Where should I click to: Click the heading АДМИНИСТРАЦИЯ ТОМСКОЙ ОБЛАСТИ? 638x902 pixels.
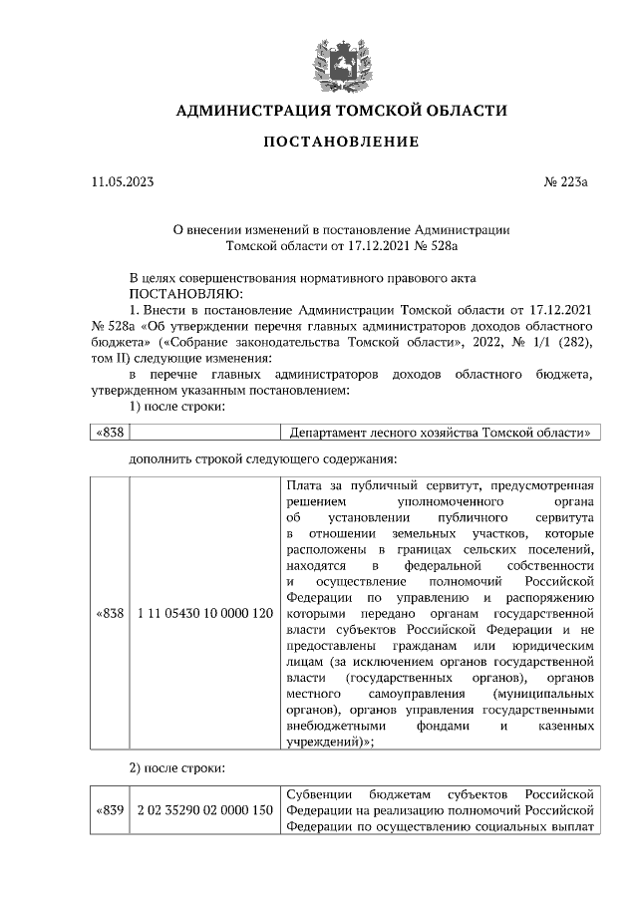point(341,110)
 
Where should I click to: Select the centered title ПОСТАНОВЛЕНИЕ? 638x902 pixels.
point(341,143)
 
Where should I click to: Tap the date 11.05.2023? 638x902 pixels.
point(121,182)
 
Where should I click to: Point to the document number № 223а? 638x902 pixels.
point(566,182)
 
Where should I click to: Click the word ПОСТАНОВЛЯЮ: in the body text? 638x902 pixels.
point(179,293)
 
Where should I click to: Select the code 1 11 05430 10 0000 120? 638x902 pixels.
point(204,613)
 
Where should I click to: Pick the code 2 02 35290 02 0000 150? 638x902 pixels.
point(204,809)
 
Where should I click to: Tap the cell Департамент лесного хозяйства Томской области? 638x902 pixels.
point(440,433)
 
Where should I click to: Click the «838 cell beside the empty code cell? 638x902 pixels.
point(109,433)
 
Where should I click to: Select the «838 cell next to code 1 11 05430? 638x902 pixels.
point(109,613)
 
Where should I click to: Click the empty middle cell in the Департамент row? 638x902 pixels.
point(204,433)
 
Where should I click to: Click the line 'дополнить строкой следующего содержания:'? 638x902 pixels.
point(263,459)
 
